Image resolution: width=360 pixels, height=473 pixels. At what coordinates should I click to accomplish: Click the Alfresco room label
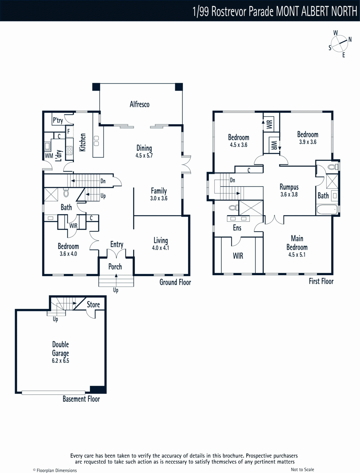coord(139,104)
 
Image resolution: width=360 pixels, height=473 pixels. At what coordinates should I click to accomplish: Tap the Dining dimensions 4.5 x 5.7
coord(144,155)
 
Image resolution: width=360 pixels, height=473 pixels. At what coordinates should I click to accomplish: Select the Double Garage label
coord(61,349)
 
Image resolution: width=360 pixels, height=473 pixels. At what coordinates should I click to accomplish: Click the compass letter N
coord(350,39)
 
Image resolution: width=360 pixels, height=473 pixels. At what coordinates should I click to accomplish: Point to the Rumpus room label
coord(289,187)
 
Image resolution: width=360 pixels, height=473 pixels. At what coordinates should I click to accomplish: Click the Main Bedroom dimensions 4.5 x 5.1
coord(297,255)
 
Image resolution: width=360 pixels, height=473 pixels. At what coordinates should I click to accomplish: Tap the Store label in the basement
coord(93,304)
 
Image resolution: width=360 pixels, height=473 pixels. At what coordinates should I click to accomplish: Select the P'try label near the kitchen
coord(58,120)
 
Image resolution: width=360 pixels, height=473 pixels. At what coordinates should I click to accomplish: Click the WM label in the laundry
coord(49,155)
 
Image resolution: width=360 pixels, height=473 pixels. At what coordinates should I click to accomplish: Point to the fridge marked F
coord(70,131)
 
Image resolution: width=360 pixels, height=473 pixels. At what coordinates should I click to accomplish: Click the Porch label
coord(115,267)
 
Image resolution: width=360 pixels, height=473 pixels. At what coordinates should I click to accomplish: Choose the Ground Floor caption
coord(175,282)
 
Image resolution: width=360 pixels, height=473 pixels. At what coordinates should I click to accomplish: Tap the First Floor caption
coord(321,281)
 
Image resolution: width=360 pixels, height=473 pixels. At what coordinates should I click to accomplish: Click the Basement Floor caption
coord(81,399)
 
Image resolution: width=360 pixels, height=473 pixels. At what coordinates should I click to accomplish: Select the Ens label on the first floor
coord(237,228)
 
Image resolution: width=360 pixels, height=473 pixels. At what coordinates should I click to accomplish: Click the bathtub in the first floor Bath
coord(327,210)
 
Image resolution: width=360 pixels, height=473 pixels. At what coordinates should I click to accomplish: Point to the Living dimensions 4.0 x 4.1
coord(160,248)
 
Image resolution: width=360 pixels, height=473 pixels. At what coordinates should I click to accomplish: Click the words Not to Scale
coord(302,469)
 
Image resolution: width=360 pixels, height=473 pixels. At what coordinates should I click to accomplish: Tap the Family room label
coord(159,191)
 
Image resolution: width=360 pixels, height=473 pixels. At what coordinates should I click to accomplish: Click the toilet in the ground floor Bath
coord(66,193)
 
